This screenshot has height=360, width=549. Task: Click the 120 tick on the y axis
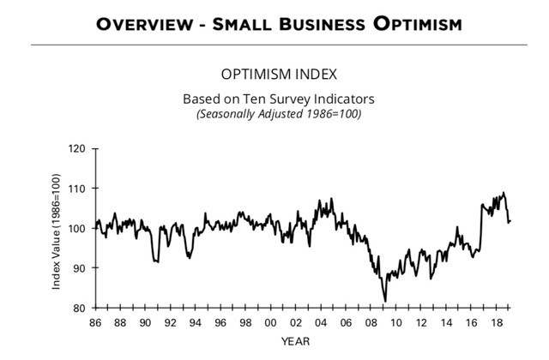[x=79, y=148]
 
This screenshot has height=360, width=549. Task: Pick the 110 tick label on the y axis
[x=79, y=189]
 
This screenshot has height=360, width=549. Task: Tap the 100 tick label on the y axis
[x=79, y=228]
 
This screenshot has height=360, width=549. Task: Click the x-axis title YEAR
[x=299, y=341]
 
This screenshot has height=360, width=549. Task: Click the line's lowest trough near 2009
[x=385, y=301]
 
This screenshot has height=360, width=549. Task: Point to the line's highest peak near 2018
[x=504, y=192]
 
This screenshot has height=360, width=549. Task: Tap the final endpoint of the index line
[x=510, y=221]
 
